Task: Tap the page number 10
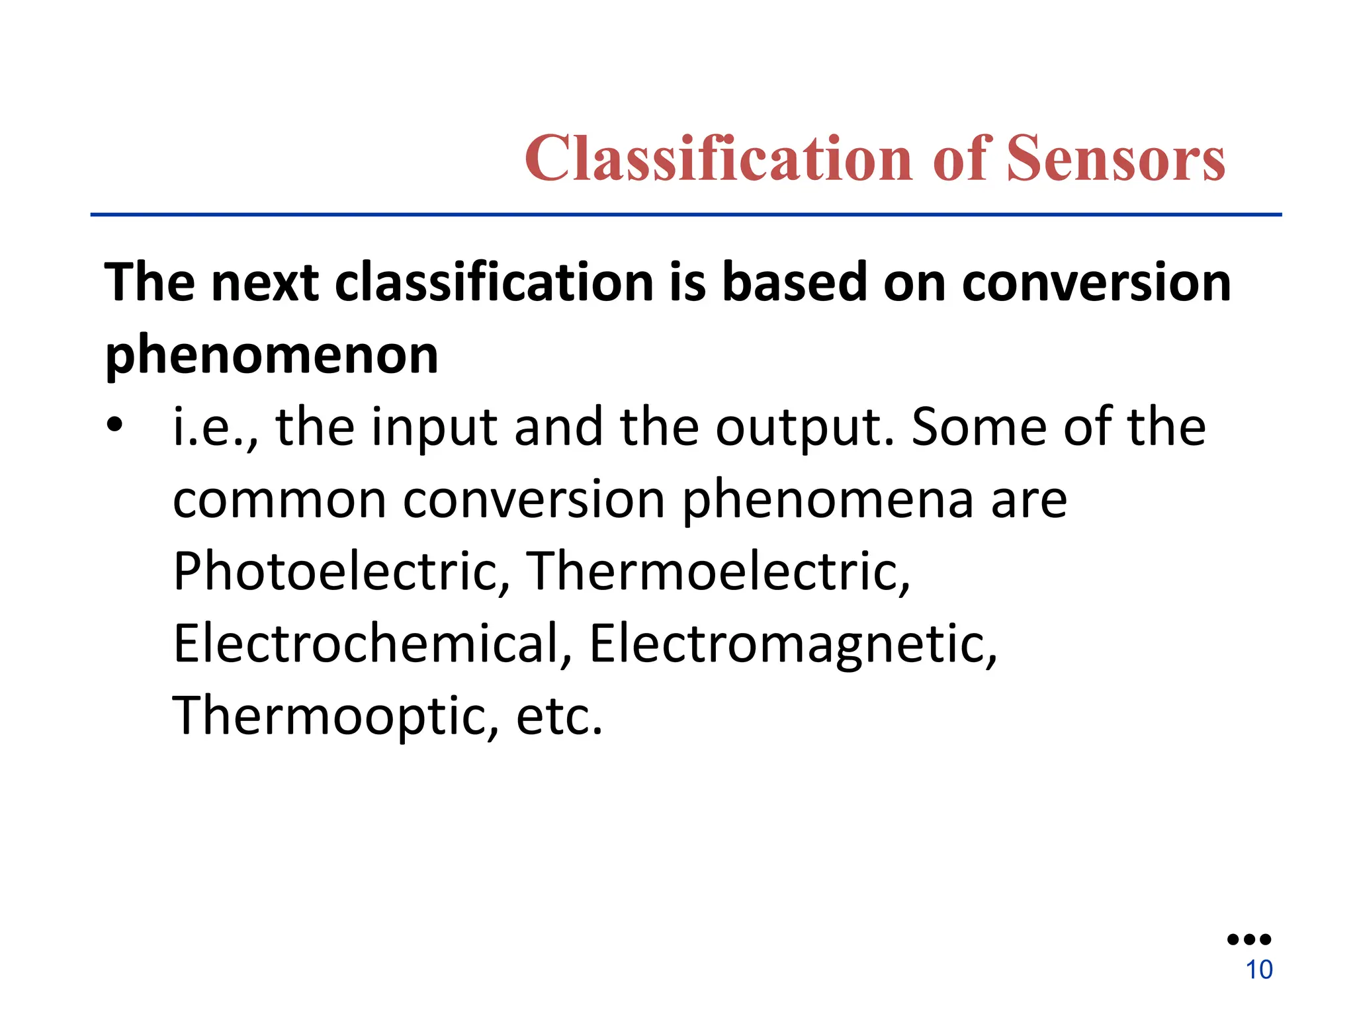tap(1258, 970)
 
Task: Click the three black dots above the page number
tap(1249, 939)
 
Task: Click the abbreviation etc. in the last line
tap(559, 716)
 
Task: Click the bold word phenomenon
tap(272, 355)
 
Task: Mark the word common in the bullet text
tap(279, 499)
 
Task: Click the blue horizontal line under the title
tap(685, 214)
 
